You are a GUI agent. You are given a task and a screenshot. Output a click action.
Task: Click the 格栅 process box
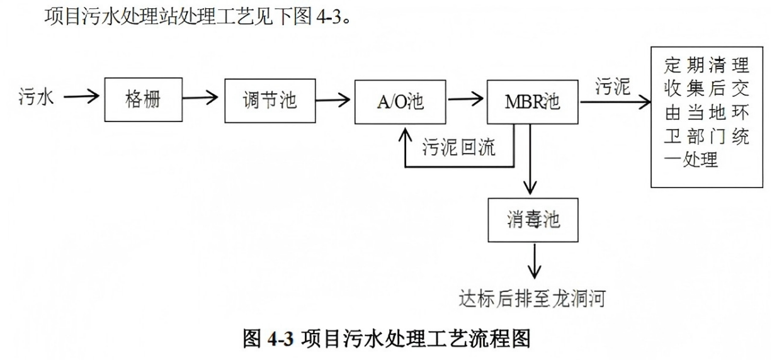[x=143, y=100]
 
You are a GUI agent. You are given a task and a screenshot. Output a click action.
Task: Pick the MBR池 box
[x=532, y=101]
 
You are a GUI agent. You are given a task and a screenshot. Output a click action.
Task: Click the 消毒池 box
[x=533, y=220]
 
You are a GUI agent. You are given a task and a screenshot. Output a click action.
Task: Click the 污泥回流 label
[x=458, y=147]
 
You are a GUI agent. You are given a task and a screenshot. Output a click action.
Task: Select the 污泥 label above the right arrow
[x=613, y=87]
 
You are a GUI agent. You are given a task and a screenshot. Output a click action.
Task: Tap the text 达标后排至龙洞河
[x=532, y=298]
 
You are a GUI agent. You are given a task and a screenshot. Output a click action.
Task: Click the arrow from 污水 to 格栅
[x=81, y=98]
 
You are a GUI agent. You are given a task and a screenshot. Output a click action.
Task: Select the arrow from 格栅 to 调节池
[x=200, y=99]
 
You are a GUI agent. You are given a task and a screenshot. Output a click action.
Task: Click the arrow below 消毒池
[x=534, y=261]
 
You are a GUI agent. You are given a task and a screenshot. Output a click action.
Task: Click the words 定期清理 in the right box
[x=707, y=65]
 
